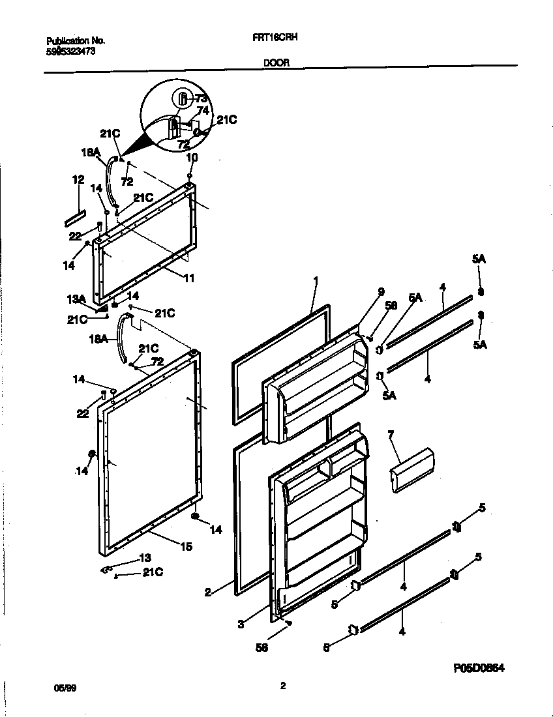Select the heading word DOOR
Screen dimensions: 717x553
[x=276, y=63]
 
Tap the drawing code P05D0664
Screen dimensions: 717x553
[x=479, y=668]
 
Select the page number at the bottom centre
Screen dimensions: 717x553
[x=283, y=686]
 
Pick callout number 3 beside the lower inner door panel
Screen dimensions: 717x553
[x=241, y=624]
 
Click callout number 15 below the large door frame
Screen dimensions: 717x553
[x=186, y=546]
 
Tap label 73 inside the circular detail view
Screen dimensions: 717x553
[x=201, y=98]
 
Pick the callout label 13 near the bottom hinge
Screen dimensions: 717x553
[x=145, y=557]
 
